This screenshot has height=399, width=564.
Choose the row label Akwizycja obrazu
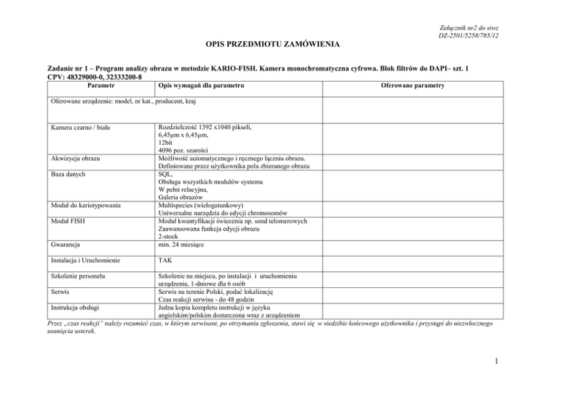coord(81,158)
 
